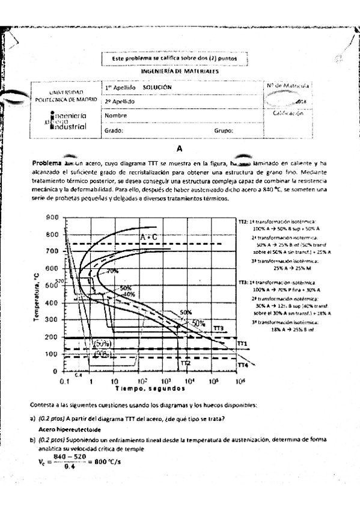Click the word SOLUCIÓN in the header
click(157, 87)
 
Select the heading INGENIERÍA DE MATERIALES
click(179, 71)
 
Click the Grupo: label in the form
click(224, 130)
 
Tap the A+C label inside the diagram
click(148, 238)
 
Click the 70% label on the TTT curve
click(112, 271)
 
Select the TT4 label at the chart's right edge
click(243, 365)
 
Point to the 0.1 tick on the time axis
click(64, 381)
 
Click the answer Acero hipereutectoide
click(70, 430)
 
